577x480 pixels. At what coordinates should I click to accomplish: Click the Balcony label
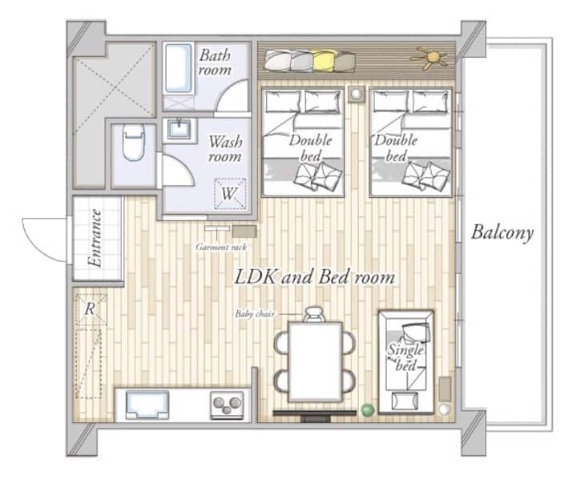pos(502,232)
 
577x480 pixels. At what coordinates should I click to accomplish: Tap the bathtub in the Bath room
pos(179,68)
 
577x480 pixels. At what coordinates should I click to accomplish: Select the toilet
pos(133,142)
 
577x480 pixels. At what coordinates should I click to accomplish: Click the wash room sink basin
pos(180,130)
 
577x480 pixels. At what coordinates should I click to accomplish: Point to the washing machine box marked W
pos(230,194)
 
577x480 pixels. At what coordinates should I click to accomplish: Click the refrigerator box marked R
pos(90,309)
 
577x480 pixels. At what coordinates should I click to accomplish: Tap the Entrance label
pos(95,238)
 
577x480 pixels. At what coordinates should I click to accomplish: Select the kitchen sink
pos(147,405)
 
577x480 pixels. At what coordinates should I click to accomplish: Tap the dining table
pos(316,362)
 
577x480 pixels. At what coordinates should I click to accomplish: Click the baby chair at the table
pos(314,314)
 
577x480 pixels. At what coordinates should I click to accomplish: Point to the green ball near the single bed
pos(367,409)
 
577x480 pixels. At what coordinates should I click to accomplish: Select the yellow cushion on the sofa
pos(325,61)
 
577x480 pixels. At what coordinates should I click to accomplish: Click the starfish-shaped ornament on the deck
pos(430,58)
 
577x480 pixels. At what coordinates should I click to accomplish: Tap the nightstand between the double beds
pos(356,94)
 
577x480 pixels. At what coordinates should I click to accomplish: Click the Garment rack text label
pos(221,247)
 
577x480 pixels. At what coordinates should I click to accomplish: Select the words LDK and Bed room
pos(315,276)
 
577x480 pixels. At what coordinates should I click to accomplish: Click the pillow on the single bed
pos(416,332)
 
